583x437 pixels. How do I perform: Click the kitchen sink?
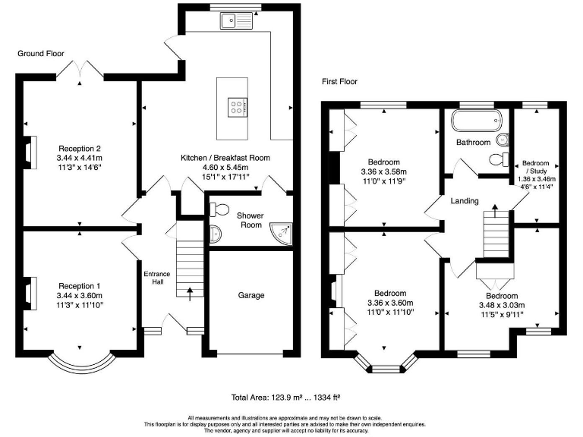pos(236,20)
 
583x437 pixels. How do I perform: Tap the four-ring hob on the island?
pos(238,108)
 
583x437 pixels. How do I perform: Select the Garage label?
pos(251,295)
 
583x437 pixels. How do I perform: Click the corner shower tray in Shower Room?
pos(281,233)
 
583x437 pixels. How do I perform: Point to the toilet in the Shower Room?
pos(219,209)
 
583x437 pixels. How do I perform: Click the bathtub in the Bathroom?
pos(477,120)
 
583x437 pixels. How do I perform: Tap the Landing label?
pos(465,201)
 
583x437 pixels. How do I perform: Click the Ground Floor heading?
pos(41,54)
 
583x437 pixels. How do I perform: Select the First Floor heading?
pos(339,81)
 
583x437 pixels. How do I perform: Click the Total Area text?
pos(285,398)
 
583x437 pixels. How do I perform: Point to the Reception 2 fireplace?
pos(30,152)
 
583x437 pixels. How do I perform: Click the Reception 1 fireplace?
pos(30,293)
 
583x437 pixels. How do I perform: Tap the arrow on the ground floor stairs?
pos(190,294)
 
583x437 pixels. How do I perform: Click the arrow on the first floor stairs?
pos(495,211)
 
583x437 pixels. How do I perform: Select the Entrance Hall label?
pos(157,278)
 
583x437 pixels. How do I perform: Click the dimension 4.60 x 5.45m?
pos(225,167)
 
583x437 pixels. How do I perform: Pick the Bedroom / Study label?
pos(536,167)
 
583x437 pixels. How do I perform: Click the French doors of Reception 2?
pos(80,69)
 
